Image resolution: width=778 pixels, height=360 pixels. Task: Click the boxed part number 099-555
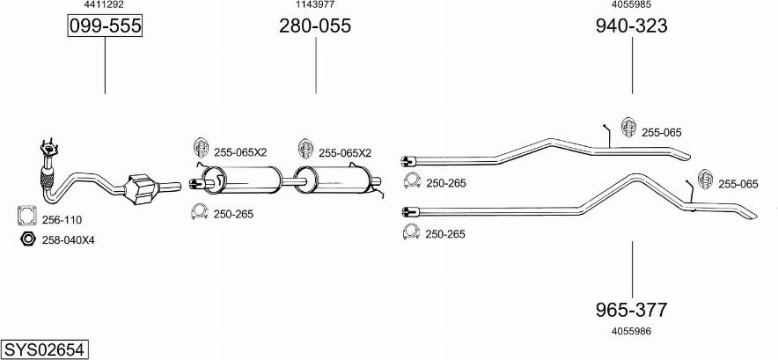(x=105, y=26)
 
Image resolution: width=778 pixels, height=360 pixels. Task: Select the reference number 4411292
(x=105, y=4)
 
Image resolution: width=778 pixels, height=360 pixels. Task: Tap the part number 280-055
(x=315, y=26)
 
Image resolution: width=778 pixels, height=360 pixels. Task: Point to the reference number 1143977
(x=315, y=4)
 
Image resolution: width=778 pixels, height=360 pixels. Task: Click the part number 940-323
(x=631, y=26)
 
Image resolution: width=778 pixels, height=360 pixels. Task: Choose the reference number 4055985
(x=631, y=4)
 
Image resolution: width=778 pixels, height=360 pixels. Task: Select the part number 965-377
(x=631, y=310)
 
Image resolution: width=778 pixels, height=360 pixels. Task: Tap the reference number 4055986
(x=631, y=331)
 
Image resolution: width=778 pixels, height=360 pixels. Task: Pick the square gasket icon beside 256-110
(x=26, y=217)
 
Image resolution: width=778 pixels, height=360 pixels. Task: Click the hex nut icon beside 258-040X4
(x=26, y=239)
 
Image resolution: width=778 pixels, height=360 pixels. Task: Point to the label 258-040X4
(x=69, y=239)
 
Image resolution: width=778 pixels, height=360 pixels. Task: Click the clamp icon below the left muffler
(x=199, y=213)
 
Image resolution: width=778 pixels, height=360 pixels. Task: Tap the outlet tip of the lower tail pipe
(x=747, y=213)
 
